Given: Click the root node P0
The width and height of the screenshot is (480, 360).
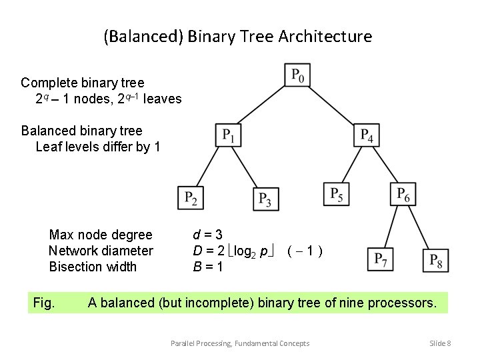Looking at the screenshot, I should (x=297, y=75).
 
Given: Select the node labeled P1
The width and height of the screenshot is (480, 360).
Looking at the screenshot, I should (x=228, y=135).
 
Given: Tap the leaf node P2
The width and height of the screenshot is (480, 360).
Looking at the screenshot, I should (x=191, y=197).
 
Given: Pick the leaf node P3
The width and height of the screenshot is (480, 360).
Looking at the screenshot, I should (x=265, y=198).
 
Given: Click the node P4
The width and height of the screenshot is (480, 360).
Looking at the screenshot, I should (x=366, y=135).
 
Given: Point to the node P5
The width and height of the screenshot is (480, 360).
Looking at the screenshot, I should (x=336, y=195).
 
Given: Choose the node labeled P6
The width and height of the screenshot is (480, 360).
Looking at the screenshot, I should (x=403, y=195).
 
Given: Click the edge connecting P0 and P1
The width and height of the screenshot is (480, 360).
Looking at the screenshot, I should (x=263, y=105).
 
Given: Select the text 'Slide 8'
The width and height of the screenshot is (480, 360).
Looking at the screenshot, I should (x=440, y=343).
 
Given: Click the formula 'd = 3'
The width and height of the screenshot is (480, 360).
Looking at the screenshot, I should (x=207, y=235).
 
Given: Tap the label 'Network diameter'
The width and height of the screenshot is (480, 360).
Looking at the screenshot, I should (x=101, y=251).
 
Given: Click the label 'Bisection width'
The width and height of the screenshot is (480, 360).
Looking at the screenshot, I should (x=93, y=267).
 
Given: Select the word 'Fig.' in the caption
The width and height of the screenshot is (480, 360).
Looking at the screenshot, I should (x=44, y=303).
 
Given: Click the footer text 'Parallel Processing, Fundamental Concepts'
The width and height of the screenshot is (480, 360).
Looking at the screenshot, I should (x=240, y=343).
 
